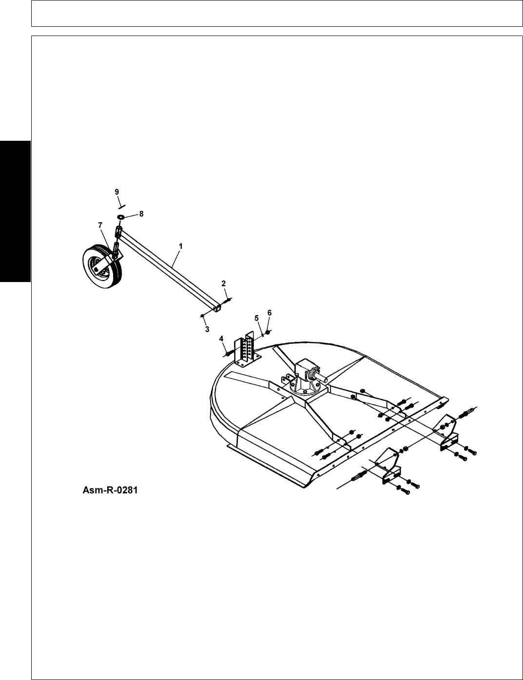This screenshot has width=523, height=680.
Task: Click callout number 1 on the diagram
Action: point(180,246)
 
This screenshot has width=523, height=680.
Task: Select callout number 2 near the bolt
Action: point(223,283)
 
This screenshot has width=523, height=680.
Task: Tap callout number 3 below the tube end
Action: point(207,329)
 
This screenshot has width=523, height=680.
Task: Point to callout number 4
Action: point(221,338)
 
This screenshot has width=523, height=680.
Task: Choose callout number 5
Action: point(257,318)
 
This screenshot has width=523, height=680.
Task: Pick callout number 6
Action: point(270,312)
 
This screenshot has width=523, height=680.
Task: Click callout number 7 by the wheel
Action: point(100,225)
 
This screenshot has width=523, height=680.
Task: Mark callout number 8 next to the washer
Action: point(142,213)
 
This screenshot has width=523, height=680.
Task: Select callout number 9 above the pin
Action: point(117,191)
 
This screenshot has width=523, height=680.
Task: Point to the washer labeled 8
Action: point(120,216)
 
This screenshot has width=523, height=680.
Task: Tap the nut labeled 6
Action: point(268,333)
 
